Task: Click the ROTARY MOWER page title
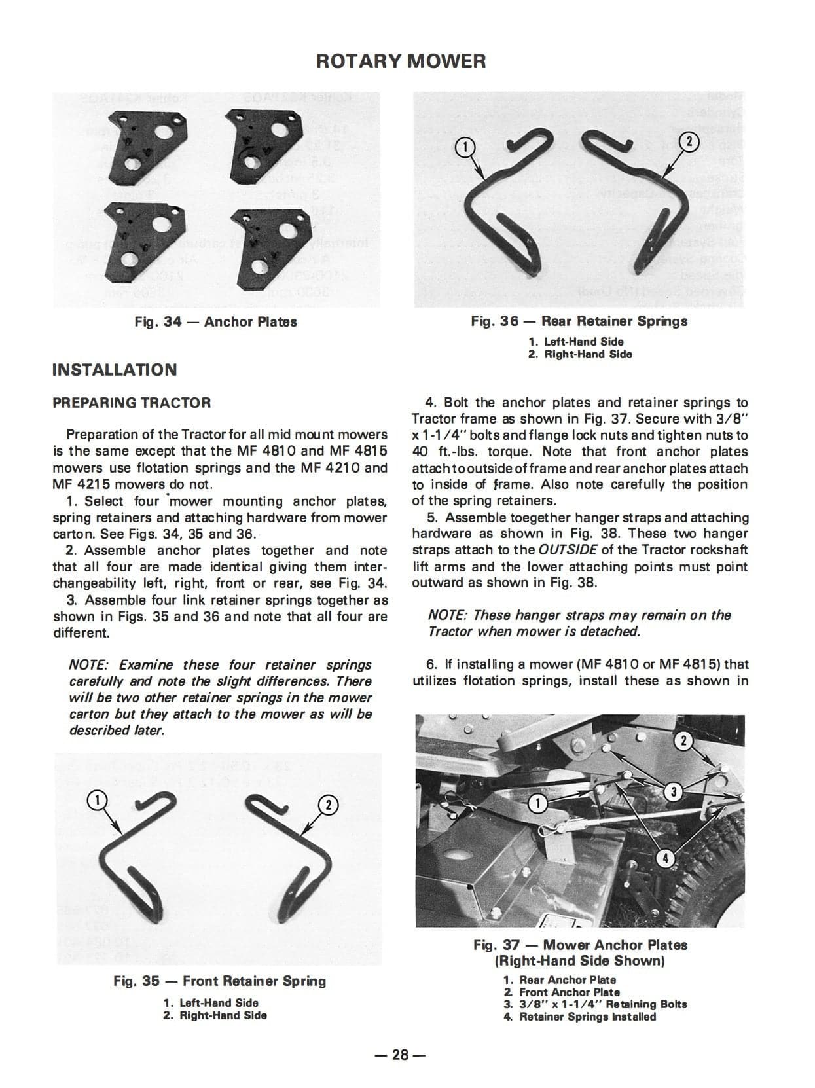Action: (x=401, y=62)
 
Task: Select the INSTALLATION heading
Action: (x=115, y=370)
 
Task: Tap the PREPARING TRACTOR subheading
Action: (x=132, y=403)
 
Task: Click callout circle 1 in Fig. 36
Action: (x=464, y=148)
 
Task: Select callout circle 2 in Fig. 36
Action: (x=689, y=141)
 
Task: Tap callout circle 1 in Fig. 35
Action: (x=96, y=799)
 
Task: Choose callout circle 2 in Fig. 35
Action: (x=329, y=805)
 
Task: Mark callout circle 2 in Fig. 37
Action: (x=684, y=741)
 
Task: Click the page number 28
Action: (x=400, y=1055)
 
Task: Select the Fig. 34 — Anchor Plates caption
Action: (x=215, y=322)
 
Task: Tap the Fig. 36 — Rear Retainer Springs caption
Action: (x=579, y=321)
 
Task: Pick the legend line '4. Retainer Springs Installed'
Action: (x=579, y=1017)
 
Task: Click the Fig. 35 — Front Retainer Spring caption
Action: (x=219, y=981)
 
